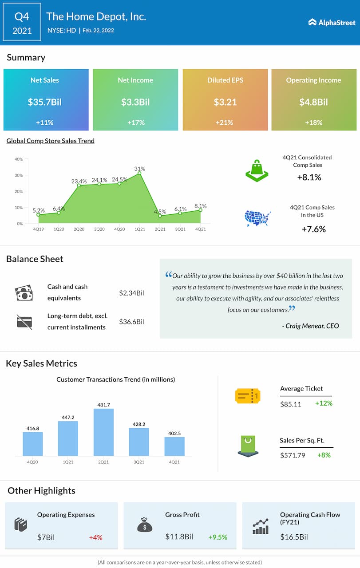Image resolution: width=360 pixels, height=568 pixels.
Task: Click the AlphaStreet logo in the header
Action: coord(332,22)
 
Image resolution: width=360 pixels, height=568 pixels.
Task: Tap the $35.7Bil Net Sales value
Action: coord(44,102)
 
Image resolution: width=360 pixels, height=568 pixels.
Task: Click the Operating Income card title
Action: coord(313,80)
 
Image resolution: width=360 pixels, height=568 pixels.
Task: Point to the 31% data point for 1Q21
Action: coord(139,173)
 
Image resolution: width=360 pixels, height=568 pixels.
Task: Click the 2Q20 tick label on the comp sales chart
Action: coord(79,229)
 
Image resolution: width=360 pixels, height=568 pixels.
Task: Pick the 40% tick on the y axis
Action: coord(19,159)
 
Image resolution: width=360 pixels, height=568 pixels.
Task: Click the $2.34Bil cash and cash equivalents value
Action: coord(131,293)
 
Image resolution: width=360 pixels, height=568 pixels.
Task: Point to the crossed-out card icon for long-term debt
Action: coord(24,321)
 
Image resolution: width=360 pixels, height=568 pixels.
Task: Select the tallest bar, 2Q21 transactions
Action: coord(103,432)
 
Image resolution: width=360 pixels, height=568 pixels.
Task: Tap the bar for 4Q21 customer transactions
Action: coord(174,446)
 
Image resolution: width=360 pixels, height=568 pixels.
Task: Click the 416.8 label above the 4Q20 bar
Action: coord(33,428)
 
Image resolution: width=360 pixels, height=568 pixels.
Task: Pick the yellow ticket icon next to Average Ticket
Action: coord(247,395)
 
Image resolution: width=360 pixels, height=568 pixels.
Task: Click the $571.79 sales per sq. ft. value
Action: coord(293,455)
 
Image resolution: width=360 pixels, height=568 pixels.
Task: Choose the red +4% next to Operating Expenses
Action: coord(95,537)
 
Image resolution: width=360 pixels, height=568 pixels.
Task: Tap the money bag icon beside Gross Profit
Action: coord(145,525)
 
